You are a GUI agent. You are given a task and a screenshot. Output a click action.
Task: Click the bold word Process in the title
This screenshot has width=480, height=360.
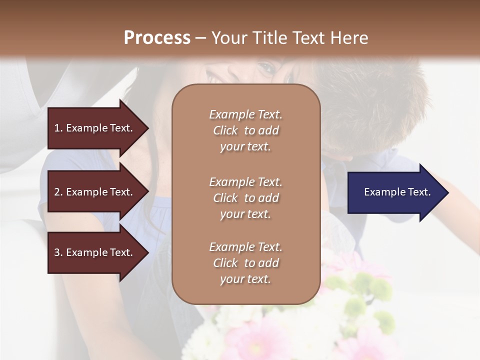[x=157, y=38]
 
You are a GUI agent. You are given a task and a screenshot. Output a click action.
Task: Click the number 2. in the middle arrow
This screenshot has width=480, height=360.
[x=58, y=192]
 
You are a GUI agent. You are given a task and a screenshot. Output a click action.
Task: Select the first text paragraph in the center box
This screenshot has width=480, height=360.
[x=245, y=130]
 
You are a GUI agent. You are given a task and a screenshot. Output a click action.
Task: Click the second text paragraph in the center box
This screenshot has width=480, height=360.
[x=245, y=198]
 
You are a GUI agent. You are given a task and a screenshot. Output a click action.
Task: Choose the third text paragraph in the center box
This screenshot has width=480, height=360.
[x=245, y=263]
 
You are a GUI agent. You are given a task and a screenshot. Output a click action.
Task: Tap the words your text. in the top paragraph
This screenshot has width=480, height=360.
[x=245, y=147]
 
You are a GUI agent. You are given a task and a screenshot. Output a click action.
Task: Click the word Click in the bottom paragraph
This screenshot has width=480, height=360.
[x=225, y=263]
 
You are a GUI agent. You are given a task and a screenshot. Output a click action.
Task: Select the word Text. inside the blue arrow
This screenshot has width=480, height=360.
[x=417, y=192]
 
